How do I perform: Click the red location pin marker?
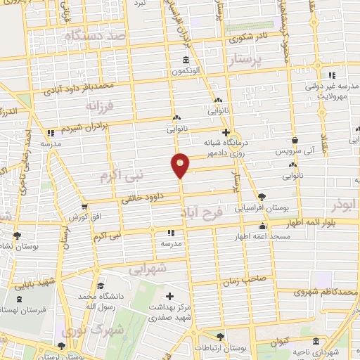[x=181, y=165]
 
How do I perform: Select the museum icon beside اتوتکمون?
[x=185, y=59]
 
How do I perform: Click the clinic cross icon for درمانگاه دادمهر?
[x=225, y=131]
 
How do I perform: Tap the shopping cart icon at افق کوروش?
[x=84, y=207]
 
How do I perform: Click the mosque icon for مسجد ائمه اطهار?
[x=263, y=226]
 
